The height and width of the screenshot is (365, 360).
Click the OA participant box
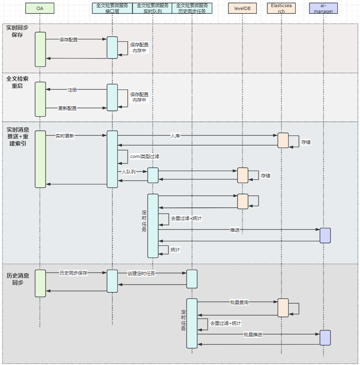click(40, 8)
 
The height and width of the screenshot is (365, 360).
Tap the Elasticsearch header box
click(281, 8)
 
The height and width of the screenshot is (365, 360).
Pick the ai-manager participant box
click(323, 8)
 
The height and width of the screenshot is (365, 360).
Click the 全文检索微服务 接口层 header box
click(112, 8)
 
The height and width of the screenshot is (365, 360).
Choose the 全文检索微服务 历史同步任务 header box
click(192, 8)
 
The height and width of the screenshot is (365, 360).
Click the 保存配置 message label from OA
click(68, 40)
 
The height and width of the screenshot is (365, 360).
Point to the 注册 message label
click(72, 90)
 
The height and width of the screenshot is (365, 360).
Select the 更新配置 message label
click(67, 108)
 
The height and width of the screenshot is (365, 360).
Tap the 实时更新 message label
click(65, 136)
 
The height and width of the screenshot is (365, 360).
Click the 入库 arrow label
click(175, 136)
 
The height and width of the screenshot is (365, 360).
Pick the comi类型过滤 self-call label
click(145, 156)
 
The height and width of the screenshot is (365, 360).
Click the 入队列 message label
click(129, 171)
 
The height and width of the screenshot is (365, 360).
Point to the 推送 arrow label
click(235, 230)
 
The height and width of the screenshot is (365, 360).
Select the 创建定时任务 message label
click(141, 273)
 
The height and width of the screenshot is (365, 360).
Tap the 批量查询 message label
click(239, 302)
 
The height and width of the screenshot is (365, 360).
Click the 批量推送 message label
click(253, 334)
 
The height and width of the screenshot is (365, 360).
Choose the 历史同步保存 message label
click(74, 273)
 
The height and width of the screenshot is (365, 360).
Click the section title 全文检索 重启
click(18, 82)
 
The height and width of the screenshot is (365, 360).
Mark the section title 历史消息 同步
click(18, 279)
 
